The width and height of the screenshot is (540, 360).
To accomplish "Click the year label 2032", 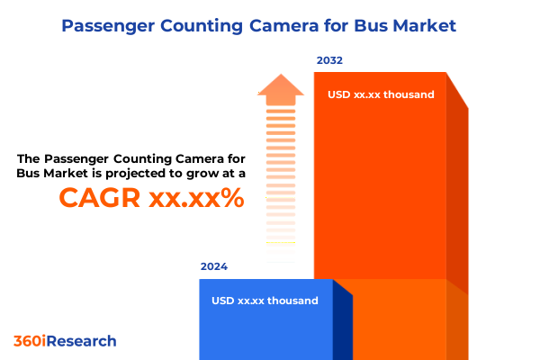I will click(329, 60).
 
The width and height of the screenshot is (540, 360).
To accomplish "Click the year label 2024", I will click(214, 266).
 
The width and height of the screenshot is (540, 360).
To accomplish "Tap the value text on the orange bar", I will click(381, 94).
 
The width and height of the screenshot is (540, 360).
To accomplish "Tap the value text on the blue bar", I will click(265, 301).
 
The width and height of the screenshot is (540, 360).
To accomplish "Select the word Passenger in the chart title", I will click(107, 26).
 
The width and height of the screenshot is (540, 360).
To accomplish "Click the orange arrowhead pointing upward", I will click(281, 88).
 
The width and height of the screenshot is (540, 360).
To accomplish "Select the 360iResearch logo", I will click(65, 341).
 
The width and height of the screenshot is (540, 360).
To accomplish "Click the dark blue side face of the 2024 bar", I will click(342, 324).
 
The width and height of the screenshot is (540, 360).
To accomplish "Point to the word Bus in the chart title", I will click(368, 26).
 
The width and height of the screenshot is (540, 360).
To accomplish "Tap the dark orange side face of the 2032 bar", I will click(457, 198).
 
